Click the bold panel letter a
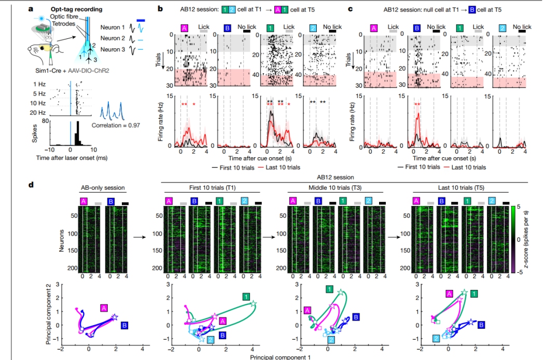pos(32,9)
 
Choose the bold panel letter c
pos(351,9)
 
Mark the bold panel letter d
pos(32,184)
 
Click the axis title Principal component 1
pos(280,357)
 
